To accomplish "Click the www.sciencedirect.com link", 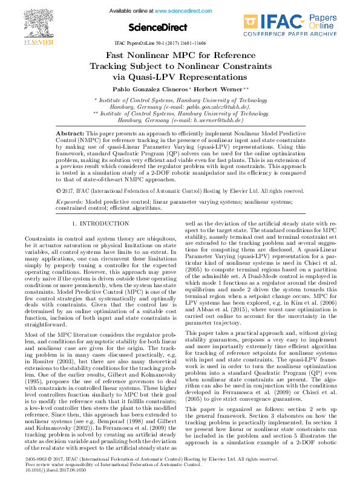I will click(x=175, y=12).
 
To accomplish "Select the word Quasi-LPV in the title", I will click(x=145, y=77).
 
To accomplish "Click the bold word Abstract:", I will click(x=70, y=132).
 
